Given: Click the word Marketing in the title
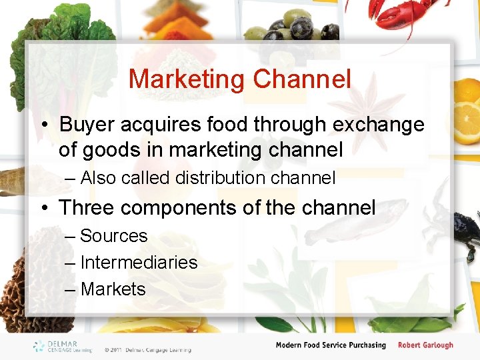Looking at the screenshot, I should tap(187, 79).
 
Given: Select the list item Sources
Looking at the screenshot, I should tap(113, 236).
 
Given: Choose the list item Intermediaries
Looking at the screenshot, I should tap(139, 263).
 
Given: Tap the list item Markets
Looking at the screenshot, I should tap(113, 289).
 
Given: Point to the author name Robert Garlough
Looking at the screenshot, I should tap(425, 345).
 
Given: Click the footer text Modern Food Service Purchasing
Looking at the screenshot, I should tap(331, 345).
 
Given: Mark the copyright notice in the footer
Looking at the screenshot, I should tap(147, 349).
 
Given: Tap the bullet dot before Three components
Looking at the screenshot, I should tap(43, 208).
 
